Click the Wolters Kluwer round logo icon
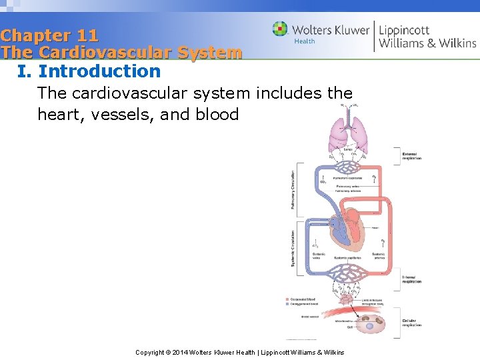280,29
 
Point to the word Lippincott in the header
404,29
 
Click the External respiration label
412,156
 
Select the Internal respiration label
412,279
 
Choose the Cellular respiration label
412,323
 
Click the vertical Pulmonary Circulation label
293,189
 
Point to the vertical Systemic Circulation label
293,249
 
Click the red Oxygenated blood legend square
287,299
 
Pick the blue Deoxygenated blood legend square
287,303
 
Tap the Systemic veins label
319,256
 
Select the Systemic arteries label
378,256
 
